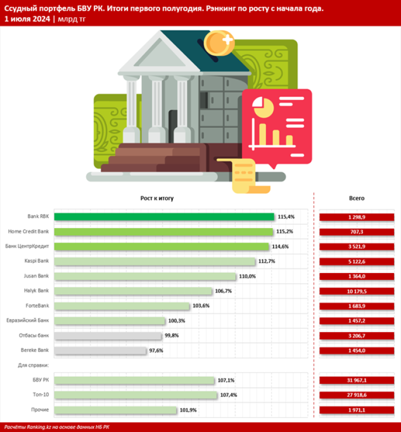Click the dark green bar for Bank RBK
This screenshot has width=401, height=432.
point(164,217)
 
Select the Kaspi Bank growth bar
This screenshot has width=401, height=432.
point(155,262)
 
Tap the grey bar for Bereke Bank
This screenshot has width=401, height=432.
point(101,350)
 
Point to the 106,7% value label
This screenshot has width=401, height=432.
point(224,291)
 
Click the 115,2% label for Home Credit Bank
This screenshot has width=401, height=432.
point(285,231)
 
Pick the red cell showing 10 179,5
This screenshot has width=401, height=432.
point(357,291)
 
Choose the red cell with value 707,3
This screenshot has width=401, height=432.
point(357,231)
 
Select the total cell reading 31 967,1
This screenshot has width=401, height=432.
point(357,380)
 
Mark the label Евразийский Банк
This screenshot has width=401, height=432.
point(28,320)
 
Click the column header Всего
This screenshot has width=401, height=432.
point(357,198)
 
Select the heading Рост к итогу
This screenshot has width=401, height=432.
point(157,198)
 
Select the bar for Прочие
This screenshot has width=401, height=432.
point(116,410)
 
